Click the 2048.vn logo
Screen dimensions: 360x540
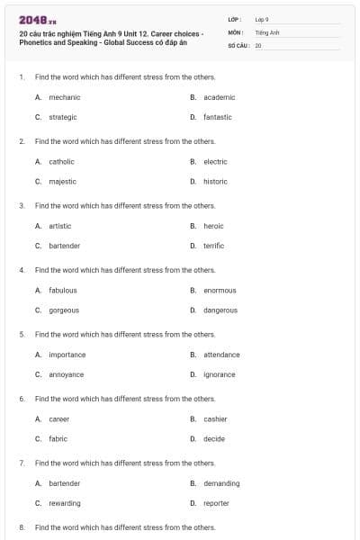tap(38, 20)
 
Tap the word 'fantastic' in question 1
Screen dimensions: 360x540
tap(217, 117)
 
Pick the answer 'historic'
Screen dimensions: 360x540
tap(215, 181)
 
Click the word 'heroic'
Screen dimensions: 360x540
tap(213, 226)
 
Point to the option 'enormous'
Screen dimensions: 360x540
tap(220, 290)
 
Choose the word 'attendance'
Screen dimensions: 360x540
tap(221, 355)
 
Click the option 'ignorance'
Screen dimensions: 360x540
tap(219, 374)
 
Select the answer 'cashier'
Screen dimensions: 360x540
tap(215, 418)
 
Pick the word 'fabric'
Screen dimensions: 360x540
tap(58, 438)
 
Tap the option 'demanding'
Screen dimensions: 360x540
tap(221, 483)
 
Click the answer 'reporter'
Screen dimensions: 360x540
tap(216, 503)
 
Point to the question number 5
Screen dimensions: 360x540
tap(22, 334)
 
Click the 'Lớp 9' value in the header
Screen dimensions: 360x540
tap(262, 19)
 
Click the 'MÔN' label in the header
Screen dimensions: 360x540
tap(236, 31)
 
